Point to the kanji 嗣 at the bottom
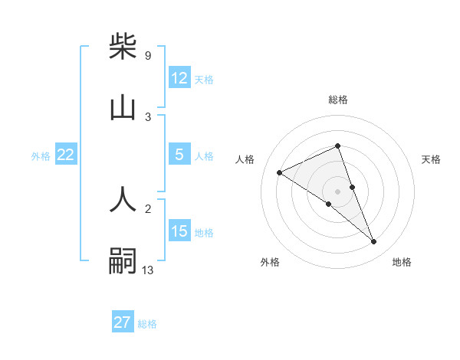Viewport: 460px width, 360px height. (123, 261)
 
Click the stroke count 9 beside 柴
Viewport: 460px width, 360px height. (147, 55)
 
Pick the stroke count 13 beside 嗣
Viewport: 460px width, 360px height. (148, 270)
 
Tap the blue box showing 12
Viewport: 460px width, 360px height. (179, 77)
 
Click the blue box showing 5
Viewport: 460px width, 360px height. (179, 155)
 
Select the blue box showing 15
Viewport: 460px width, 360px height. (179, 231)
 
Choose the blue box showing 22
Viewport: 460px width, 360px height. (66, 155)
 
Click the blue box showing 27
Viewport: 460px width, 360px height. (123, 322)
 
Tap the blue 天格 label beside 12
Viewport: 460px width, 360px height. (204, 79)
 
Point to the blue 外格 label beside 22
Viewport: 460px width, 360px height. (41, 155)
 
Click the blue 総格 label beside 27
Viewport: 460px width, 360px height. (147, 323)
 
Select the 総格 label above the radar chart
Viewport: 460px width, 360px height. (337, 100)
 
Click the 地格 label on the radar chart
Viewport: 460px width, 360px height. (402, 262)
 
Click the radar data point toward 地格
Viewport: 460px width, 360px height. (374, 242)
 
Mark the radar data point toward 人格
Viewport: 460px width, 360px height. (279, 172)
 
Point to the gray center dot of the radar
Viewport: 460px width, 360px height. (337, 191)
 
